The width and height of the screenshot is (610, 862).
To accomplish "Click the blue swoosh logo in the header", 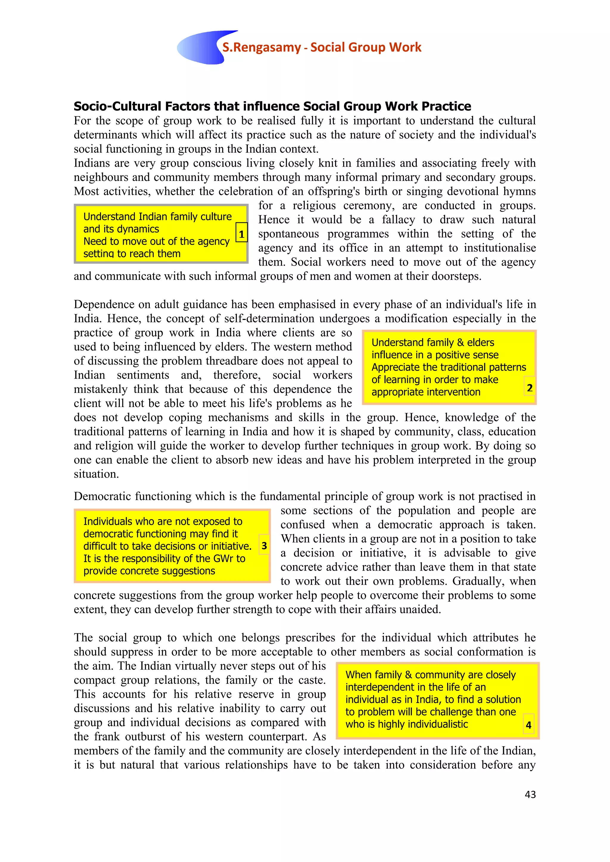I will pos(201,48).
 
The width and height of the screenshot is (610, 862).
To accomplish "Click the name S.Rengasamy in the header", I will pos(262,47).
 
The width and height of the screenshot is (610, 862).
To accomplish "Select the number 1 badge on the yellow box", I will pos(242,234).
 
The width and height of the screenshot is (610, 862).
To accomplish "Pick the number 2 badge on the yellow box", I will pos(530,388).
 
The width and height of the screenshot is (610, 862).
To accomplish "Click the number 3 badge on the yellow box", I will pos(264,546).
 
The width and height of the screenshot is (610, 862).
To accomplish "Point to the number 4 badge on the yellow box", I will pos(528,725).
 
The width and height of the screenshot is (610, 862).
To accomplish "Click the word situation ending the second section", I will pos(96,474).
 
